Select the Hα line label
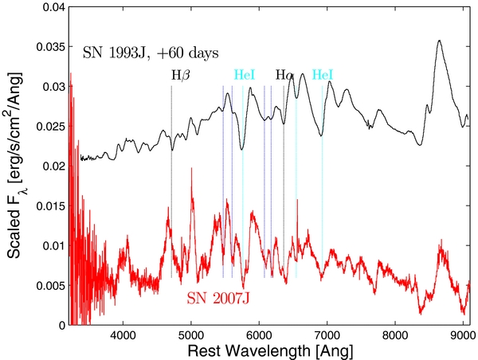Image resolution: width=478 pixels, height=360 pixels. click(x=284, y=76)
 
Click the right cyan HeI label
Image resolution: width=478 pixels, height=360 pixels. click(x=323, y=75)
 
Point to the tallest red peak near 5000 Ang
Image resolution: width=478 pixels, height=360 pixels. click(x=191, y=170)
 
